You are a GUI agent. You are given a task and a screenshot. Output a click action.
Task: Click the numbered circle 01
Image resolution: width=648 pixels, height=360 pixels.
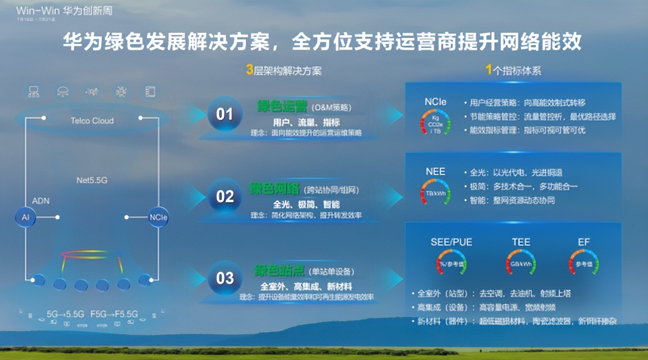[224, 114]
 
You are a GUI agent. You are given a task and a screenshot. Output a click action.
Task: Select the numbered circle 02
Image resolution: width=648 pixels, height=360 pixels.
[224, 196]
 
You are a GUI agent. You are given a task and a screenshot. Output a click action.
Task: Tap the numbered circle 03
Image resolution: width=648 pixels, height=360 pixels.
[224, 278]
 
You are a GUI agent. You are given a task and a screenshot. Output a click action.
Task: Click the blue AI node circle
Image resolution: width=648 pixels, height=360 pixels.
[25, 217]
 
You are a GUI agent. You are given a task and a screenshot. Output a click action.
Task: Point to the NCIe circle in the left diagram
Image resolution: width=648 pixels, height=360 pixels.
[158, 217]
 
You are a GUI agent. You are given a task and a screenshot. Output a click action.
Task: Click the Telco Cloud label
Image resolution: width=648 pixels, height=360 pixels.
[92, 121]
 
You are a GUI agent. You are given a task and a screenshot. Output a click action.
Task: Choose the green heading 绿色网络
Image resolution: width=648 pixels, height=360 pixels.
[275, 189]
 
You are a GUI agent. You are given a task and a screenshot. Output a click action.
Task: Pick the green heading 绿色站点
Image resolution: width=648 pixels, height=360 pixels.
[275, 271]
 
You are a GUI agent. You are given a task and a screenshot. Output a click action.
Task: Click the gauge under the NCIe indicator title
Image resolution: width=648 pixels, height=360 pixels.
[435, 123]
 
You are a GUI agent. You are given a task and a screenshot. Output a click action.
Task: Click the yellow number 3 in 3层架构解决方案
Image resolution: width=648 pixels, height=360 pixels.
[249, 70]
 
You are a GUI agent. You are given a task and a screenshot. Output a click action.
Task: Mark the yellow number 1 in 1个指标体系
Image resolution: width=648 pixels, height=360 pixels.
[489, 70]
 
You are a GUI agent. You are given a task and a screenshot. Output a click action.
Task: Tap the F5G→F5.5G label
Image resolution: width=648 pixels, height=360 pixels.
[114, 314]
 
